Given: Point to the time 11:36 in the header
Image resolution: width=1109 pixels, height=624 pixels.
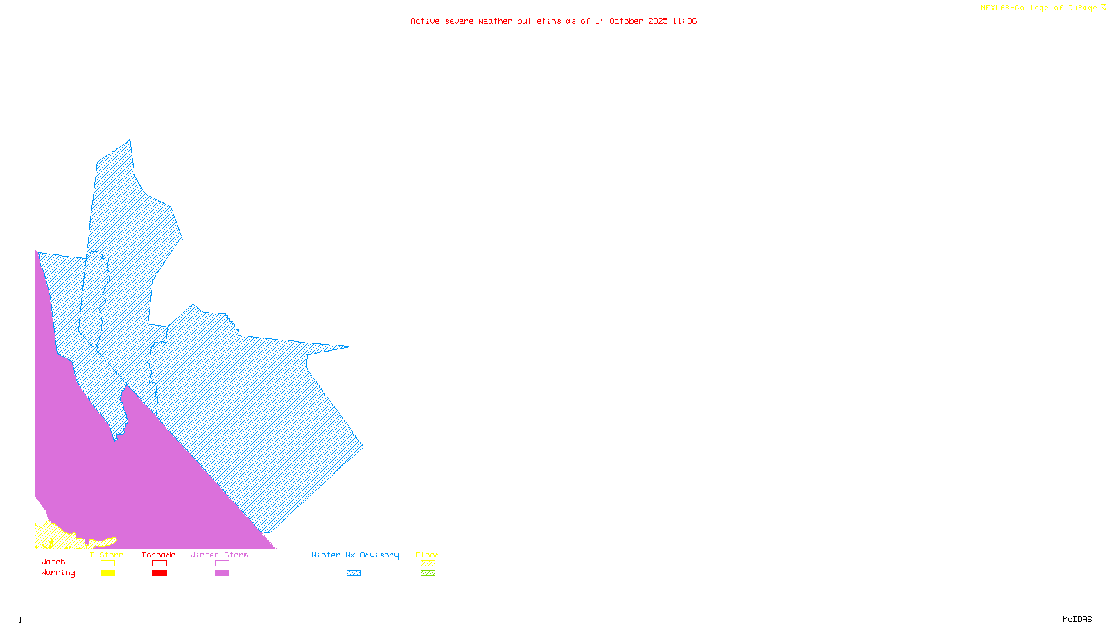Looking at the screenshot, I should pos(684,21).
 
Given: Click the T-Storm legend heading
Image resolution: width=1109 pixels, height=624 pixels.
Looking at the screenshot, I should pos(107,555).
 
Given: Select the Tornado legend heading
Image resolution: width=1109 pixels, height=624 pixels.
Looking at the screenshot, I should pos(159,555).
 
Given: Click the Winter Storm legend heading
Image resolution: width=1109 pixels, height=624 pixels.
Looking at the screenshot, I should pos(219,555).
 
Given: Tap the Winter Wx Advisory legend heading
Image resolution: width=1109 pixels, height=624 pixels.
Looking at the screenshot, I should pos(355,555).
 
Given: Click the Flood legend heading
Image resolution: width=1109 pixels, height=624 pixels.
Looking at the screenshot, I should pos(428,555).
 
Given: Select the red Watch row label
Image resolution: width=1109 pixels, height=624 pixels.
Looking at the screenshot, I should pos(53,562).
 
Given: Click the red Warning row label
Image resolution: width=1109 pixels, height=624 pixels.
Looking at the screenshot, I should pos(58,573).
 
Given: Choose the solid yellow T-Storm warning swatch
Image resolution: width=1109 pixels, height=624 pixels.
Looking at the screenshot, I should pos(107,573).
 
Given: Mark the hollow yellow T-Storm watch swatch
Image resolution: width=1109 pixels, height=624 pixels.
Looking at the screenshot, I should pos(107,564).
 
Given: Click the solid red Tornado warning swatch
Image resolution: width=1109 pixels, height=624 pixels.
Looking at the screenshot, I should pos(159,573).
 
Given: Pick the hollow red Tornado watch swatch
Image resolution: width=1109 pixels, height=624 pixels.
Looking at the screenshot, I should pos(159,564).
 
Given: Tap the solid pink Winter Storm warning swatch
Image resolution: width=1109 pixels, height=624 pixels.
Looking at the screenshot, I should pos(222,573).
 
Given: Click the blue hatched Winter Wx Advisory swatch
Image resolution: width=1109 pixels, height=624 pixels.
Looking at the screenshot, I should pos(353,573).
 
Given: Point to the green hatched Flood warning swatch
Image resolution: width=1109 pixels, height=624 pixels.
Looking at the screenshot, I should pos(428,573).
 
